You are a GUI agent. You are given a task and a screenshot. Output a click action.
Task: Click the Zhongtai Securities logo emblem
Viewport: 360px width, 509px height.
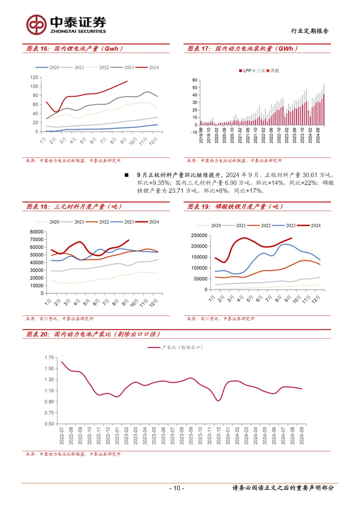pyautogui.click(x=36, y=25)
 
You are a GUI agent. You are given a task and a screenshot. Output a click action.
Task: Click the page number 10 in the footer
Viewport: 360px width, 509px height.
pyautogui.click(x=177, y=488)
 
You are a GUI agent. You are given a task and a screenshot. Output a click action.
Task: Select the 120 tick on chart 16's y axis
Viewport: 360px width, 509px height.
pyautogui.click(x=34, y=77)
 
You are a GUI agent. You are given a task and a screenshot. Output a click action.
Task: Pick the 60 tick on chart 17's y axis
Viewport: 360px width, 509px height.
pyautogui.click(x=195, y=80)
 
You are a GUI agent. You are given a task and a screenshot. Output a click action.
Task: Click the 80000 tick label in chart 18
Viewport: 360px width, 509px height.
pyautogui.click(x=37, y=232)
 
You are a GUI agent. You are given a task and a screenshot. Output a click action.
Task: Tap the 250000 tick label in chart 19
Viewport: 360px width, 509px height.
pyautogui.click(x=199, y=235)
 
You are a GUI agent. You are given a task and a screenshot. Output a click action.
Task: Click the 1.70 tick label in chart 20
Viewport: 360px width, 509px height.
pyautogui.click(x=49, y=358)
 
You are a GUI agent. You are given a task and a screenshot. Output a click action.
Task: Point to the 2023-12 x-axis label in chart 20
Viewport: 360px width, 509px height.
pyautogui.click(x=219, y=436)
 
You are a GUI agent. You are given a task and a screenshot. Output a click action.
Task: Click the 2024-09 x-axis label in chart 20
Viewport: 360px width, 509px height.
pyautogui.click(x=302, y=436)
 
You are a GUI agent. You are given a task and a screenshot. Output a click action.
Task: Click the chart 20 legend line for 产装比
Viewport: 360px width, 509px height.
pyautogui.click(x=154, y=347)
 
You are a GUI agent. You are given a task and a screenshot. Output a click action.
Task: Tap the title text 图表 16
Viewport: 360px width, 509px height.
pyautogui.click(x=38, y=49)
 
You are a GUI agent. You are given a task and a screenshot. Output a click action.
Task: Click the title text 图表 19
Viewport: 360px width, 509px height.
pyautogui.click(x=199, y=207)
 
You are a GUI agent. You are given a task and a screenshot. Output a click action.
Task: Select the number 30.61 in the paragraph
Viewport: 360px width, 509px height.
pyautogui.click(x=310, y=175)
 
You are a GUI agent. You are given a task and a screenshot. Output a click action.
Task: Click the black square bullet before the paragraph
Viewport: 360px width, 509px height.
pyautogui.click(x=127, y=175)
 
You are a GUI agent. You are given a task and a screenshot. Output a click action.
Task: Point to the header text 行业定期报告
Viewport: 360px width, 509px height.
pyautogui.click(x=310, y=31)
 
